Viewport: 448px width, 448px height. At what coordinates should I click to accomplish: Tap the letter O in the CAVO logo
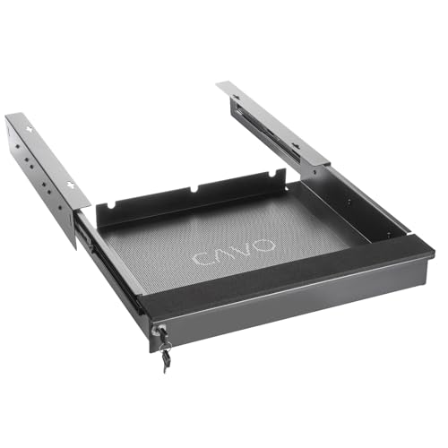pyautogui.click(x=264, y=246)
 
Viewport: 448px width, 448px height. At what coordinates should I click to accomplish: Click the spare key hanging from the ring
pyautogui.click(x=166, y=361)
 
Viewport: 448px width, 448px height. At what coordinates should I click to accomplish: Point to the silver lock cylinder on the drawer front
pyautogui.click(x=156, y=330)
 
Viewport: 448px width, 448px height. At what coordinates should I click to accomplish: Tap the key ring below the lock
pyautogui.click(x=165, y=347)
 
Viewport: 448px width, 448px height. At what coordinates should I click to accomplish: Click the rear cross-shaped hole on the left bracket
pyautogui.click(x=30, y=129)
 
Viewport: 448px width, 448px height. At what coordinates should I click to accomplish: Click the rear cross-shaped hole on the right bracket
pyautogui.click(x=237, y=97)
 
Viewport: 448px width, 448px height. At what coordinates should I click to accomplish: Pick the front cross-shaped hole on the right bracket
pyautogui.click(x=296, y=146)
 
